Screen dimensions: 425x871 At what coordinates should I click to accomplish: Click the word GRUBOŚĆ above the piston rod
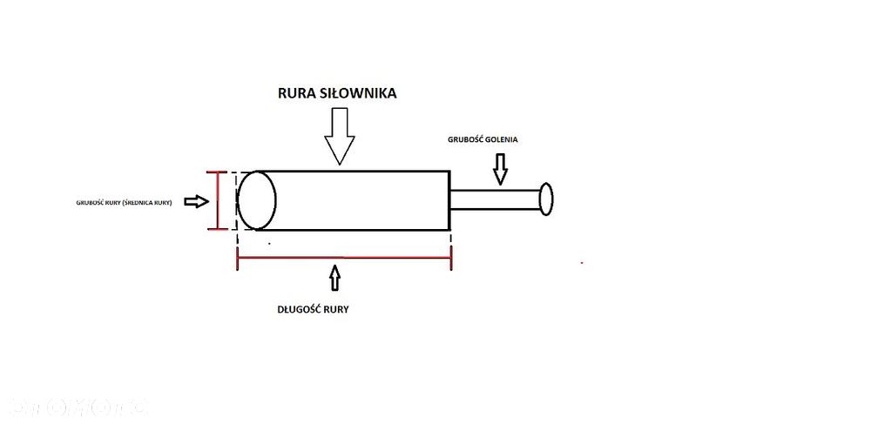tap(468, 138)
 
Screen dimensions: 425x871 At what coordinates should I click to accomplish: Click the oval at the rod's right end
tap(546, 199)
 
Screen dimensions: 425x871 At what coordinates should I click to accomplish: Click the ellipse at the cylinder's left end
tap(257, 200)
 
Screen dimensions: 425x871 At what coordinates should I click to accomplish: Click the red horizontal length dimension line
tap(344, 258)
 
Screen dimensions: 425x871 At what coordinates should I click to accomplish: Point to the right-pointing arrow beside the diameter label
tap(197, 201)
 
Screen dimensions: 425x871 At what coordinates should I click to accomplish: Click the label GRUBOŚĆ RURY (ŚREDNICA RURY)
tap(125, 202)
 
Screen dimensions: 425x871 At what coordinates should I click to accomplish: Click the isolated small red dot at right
tap(582, 260)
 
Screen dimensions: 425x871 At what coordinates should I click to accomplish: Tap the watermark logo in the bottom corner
tap(78, 406)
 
